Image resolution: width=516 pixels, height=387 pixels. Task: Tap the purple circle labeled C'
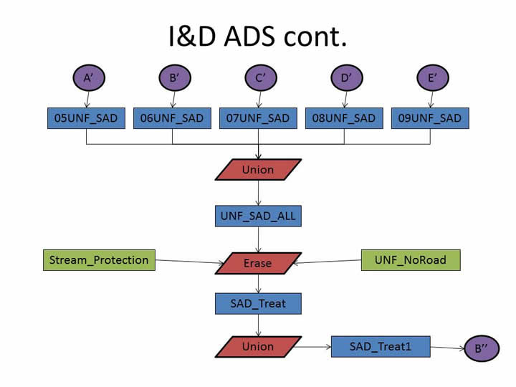(x=258, y=78)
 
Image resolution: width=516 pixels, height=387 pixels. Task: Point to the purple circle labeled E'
(x=431, y=78)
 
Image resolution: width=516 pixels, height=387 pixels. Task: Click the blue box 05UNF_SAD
(x=87, y=118)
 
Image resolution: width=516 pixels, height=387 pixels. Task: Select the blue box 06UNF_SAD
(x=172, y=118)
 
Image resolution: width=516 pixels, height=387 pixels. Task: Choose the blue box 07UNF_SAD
(x=258, y=118)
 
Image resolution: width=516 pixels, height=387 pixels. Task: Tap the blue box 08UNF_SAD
(x=344, y=118)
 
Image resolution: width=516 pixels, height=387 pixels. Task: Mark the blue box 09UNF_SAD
(x=430, y=118)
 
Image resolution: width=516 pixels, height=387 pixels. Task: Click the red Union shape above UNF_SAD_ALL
(x=258, y=170)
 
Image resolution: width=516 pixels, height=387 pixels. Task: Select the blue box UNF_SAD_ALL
(x=258, y=216)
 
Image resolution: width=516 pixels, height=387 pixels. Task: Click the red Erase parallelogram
(x=258, y=263)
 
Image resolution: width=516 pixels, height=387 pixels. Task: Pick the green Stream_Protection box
(x=99, y=260)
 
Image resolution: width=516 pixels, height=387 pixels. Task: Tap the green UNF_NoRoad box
(x=410, y=260)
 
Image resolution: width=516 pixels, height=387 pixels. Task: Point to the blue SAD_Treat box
(x=258, y=303)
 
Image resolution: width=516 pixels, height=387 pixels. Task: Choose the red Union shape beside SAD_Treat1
(x=258, y=346)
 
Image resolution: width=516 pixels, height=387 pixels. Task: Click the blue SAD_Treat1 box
(x=380, y=346)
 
